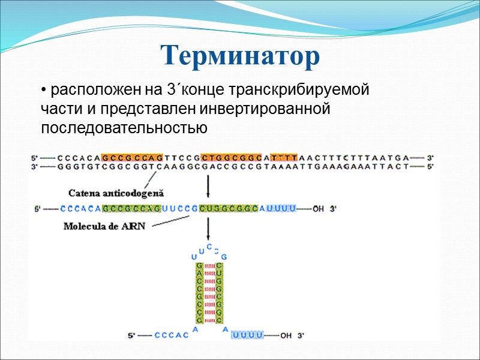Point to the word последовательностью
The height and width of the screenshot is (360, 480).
124,128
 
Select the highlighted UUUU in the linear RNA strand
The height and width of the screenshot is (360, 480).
281,209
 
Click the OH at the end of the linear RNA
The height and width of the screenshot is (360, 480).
318,209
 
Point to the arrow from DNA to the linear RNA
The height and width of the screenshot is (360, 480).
208,185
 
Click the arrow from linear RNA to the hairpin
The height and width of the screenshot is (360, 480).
208,230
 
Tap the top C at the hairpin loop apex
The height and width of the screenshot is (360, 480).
208,247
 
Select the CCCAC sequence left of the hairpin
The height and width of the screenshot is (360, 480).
172,335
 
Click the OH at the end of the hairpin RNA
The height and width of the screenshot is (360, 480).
286,335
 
